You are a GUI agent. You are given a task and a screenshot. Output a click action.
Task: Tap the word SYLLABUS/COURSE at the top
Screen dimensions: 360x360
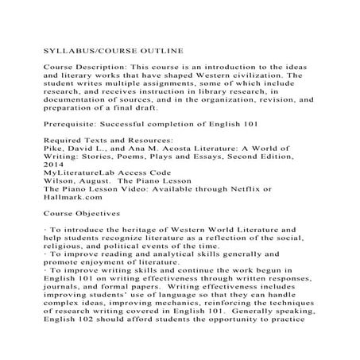pyautogui.click(x=84, y=50)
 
